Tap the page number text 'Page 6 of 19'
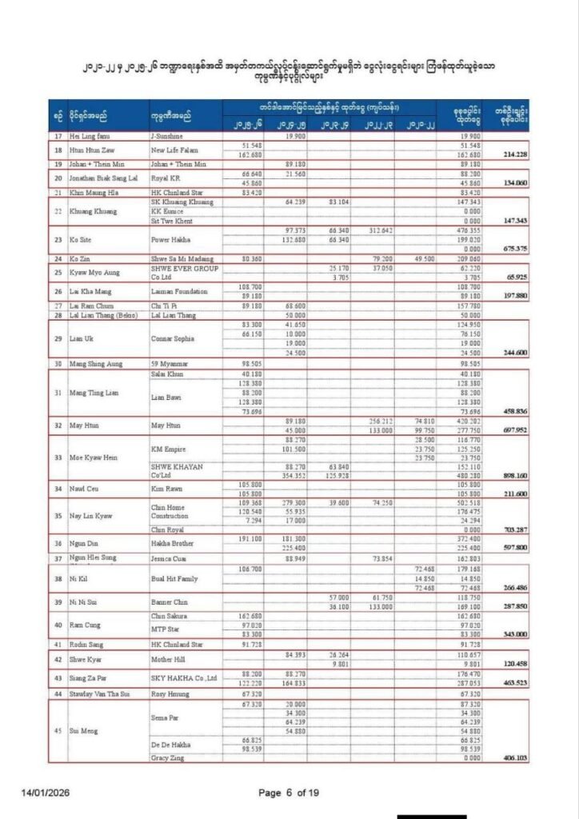pos(289,793)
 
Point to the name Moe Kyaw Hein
pos(99,457)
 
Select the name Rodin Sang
pos(91,643)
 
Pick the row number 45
pos(57,731)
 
